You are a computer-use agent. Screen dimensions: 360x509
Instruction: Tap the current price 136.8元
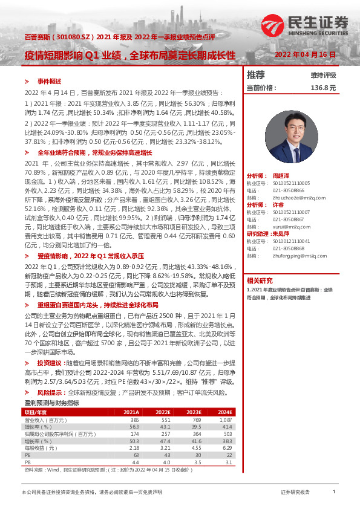[322, 88]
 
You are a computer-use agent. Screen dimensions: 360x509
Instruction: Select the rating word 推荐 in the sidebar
[256, 75]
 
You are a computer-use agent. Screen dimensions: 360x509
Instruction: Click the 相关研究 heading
[260, 280]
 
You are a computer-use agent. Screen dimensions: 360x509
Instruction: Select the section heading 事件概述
[50, 80]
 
